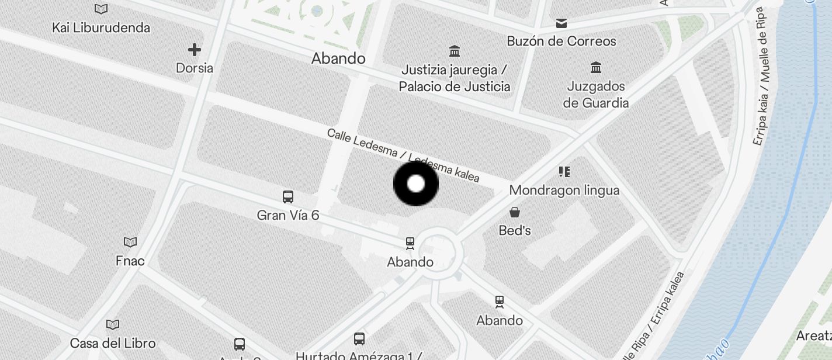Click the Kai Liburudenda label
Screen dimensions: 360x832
[x=101, y=27]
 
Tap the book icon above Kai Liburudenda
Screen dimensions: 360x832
[x=101, y=9]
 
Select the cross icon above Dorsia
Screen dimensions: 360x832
[x=195, y=50]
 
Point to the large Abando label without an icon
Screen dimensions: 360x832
[x=338, y=58]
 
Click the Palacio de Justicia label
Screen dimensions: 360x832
[x=454, y=87]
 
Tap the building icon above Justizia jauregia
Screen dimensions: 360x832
[x=454, y=51]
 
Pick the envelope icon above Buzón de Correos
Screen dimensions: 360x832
[x=561, y=23]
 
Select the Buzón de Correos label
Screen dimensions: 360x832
[x=561, y=41]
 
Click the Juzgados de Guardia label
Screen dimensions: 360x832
[x=596, y=95]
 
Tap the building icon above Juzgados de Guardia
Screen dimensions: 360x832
[x=596, y=67]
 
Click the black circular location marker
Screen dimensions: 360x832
[x=416, y=184]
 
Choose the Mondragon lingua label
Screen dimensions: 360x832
[x=564, y=191]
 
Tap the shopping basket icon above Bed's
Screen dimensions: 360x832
[x=515, y=212]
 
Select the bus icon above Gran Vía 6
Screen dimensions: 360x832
[x=288, y=197]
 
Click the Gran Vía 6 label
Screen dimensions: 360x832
[x=288, y=216]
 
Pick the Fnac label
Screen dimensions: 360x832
[x=130, y=261]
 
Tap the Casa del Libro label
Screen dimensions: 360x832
[x=113, y=343]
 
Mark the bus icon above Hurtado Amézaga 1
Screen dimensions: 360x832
[x=359, y=338]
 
